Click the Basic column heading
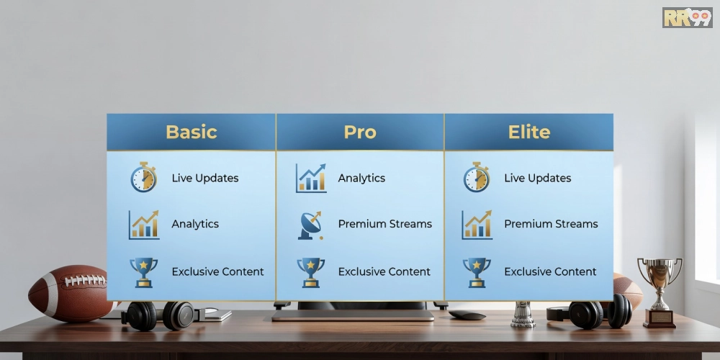click(x=191, y=132)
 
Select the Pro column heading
click(x=360, y=132)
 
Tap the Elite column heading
click(x=529, y=132)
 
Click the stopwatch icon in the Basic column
click(x=144, y=177)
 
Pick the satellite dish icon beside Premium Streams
click(x=310, y=225)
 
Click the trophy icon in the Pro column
click(x=310, y=272)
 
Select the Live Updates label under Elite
click(x=538, y=178)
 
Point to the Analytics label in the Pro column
click(x=362, y=178)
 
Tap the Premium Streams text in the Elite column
click(x=551, y=224)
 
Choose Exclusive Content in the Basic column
click(x=217, y=272)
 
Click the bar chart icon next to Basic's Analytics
click(x=144, y=225)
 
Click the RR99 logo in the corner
click(x=688, y=17)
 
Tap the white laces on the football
click(x=85, y=280)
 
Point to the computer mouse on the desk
click(x=467, y=315)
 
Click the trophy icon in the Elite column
click(x=477, y=272)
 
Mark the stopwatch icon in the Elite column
click(x=476, y=177)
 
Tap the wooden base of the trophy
click(x=660, y=319)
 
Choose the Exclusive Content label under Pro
click(x=384, y=272)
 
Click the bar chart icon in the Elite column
click(x=477, y=225)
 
